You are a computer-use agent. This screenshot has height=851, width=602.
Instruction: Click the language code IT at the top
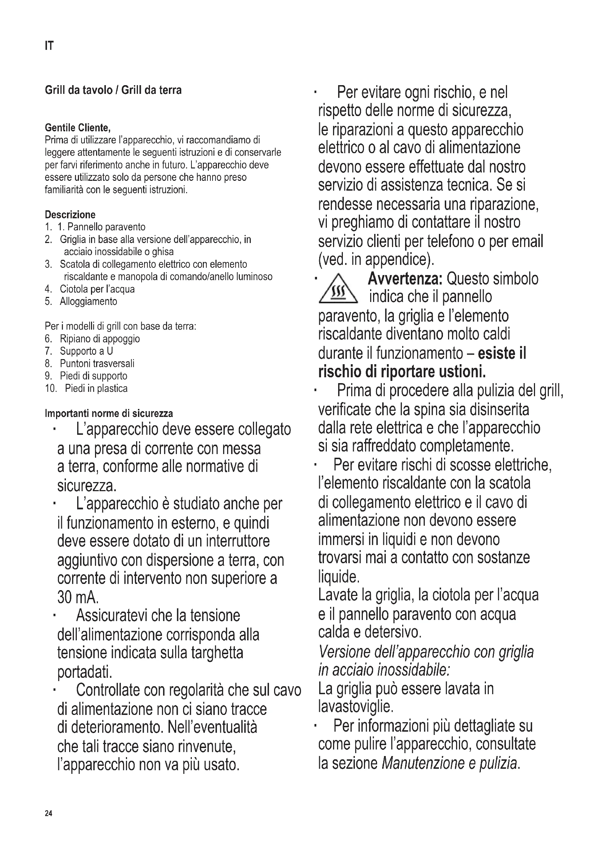(x=49, y=46)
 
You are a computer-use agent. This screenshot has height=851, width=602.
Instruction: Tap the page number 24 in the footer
(x=48, y=813)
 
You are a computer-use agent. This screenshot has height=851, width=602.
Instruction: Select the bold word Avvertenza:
(x=405, y=279)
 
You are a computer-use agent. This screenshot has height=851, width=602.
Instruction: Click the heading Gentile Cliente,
(x=78, y=128)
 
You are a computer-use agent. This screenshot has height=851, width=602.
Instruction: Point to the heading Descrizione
(x=70, y=215)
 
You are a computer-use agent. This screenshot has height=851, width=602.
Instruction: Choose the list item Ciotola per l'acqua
(x=97, y=289)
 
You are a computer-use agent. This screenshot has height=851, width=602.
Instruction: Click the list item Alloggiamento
(x=88, y=301)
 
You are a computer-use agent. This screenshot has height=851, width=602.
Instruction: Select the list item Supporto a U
(x=86, y=351)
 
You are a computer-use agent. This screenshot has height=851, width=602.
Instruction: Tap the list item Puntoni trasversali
(x=97, y=363)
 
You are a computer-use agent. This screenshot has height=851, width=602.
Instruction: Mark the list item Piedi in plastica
(x=96, y=389)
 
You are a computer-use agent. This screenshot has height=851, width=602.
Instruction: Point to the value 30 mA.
(x=78, y=597)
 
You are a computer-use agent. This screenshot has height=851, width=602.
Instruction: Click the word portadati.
(x=84, y=671)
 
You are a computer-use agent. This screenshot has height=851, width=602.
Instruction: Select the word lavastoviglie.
(x=356, y=707)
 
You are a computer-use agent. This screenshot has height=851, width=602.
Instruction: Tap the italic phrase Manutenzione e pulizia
(x=449, y=763)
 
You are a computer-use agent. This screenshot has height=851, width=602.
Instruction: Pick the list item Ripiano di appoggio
(x=100, y=339)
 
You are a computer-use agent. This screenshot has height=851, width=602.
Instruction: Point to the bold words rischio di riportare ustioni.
(x=402, y=371)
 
